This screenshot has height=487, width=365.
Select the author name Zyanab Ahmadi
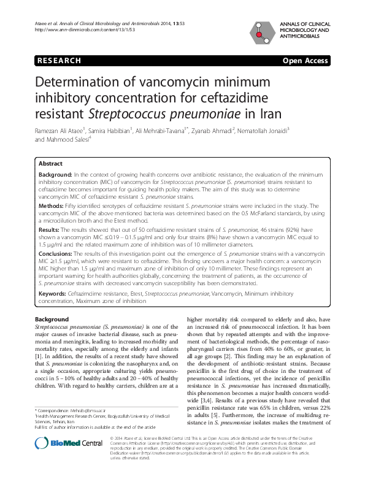(x=215, y=130)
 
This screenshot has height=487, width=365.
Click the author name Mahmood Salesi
(x=71, y=139)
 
